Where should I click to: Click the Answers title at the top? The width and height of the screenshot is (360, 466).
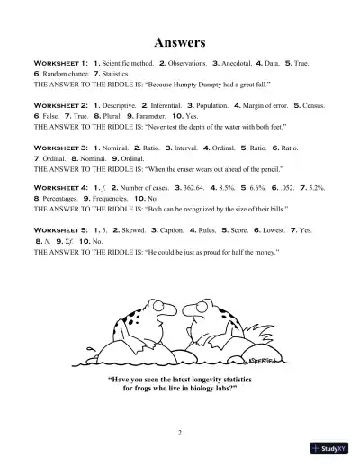tap(179, 42)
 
